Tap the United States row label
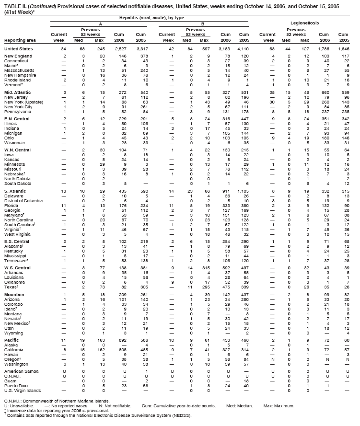[x=19, y=49]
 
